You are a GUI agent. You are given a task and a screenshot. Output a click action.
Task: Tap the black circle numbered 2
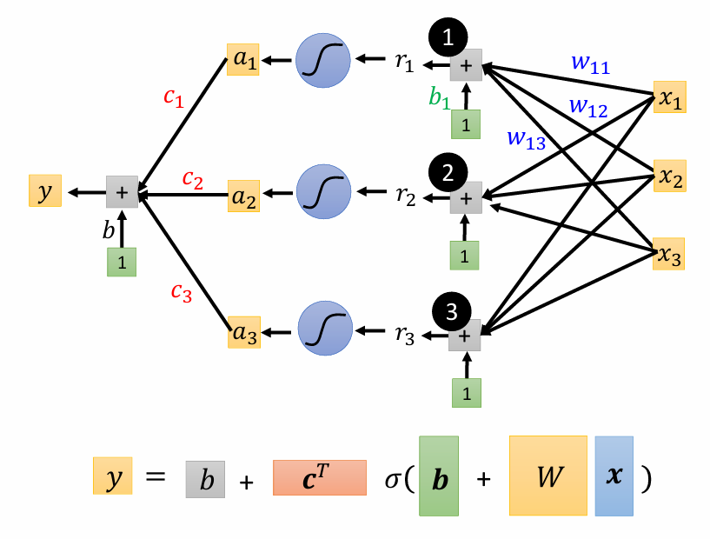(448, 173)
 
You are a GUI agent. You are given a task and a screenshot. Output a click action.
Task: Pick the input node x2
(668, 177)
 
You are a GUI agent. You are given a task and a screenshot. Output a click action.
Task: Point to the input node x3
(668, 254)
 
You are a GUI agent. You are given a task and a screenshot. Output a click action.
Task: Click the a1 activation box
(243, 60)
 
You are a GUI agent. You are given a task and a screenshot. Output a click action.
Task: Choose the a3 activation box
(244, 332)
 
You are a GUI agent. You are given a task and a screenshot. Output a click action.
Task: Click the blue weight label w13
(526, 138)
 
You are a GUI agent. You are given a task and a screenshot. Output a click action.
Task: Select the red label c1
(174, 96)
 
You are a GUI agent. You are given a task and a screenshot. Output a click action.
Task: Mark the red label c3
(181, 292)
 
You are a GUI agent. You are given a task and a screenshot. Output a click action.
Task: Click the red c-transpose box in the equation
(320, 477)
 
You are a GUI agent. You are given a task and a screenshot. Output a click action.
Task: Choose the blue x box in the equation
(614, 475)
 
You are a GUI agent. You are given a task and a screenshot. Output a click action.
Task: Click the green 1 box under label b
(122, 262)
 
